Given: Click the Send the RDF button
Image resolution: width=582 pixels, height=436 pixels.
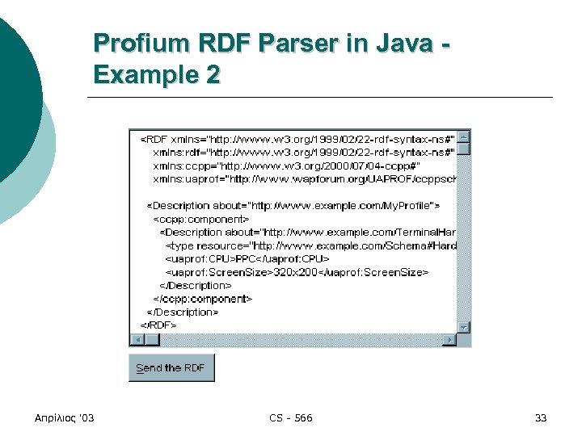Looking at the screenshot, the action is tap(171, 368).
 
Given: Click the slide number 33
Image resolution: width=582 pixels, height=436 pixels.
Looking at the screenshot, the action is tap(541, 417).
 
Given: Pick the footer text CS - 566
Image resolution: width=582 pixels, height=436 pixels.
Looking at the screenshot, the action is tap(291, 417).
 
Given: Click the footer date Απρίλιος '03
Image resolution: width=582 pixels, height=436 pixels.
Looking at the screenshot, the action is tap(65, 417).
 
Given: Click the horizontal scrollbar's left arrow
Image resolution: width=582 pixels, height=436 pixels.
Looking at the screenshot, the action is tap(136, 339).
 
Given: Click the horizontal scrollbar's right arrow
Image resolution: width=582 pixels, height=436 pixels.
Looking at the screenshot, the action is tap(450, 339).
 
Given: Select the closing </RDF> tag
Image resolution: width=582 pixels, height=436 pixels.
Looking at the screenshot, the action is tap(158, 325).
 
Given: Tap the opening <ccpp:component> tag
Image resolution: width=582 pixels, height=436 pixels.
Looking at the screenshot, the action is tap(201, 219).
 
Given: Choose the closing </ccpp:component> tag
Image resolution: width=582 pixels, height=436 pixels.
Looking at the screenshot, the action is tap(204, 298).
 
